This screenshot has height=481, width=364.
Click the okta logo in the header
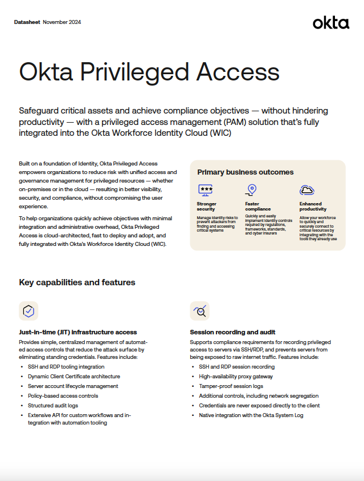[x=330, y=23]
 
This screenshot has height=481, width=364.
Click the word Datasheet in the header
[x=27, y=22]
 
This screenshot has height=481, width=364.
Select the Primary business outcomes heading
[x=245, y=172]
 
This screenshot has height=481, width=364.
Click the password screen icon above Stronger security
[x=206, y=189]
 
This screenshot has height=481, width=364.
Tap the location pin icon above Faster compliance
[x=251, y=189]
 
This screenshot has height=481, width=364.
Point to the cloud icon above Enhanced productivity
[x=307, y=189]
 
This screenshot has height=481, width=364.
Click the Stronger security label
[x=206, y=206]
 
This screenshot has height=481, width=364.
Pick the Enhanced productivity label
[x=313, y=206]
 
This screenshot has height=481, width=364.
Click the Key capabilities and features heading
[x=77, y=282]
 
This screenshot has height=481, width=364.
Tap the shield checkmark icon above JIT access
[x=28, y=311]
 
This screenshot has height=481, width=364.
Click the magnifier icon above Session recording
[x=199, y=311]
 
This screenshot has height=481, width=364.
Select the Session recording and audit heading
[x=232, y=332]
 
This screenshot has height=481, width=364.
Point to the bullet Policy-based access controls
[x=63, y=395]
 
